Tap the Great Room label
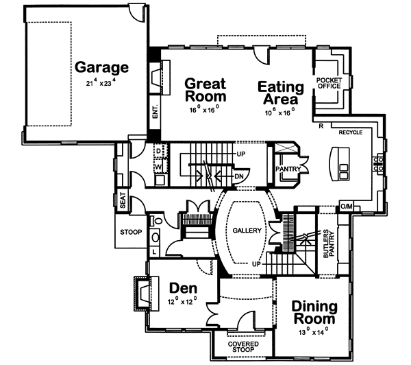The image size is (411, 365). pos(205,91)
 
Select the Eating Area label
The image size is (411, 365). pos(280,93)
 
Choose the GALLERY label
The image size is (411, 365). pos(247,231)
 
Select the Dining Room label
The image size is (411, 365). pos(314,312)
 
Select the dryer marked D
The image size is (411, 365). pos(158,150)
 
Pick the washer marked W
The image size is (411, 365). pos(158,165)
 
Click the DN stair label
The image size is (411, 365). pos(238,176)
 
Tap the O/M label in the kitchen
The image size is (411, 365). pos(347,207)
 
